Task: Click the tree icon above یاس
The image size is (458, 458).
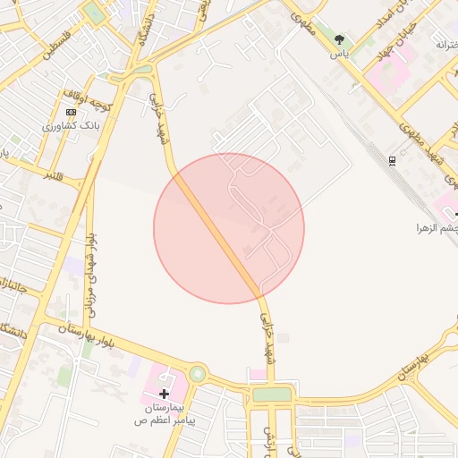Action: click(x=339, y=39)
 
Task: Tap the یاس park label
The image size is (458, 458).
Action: click(x=339, y=54)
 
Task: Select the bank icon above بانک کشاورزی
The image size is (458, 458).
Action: click(x=71, y=113)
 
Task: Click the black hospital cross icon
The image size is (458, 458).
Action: click(x=165, y=394)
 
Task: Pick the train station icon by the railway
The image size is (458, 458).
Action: click(x=393, y=160)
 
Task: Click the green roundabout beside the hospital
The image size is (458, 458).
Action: click(x=197, y=374)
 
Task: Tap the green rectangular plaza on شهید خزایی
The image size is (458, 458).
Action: click(x=272, y=394)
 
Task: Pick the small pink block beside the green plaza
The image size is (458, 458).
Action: click(x=258, y=374)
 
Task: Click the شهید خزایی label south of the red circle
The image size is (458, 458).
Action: click(x=267, y=327)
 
